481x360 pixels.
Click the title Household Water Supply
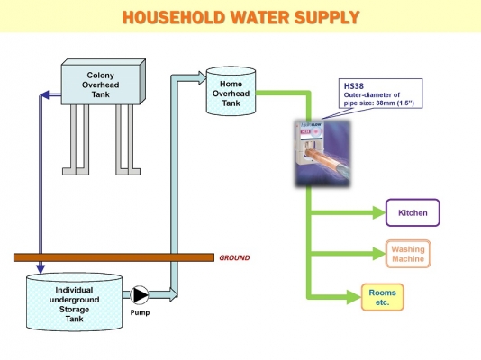(240, 17)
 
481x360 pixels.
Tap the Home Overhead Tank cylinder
(231, 91)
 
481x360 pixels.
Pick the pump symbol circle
(139, 295)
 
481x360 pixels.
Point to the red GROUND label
(234, 257)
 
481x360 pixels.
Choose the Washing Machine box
(413, 254)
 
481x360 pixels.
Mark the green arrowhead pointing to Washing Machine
(377, 254)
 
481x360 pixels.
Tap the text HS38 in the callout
(353, 86)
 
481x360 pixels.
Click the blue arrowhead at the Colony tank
(43, 93)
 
